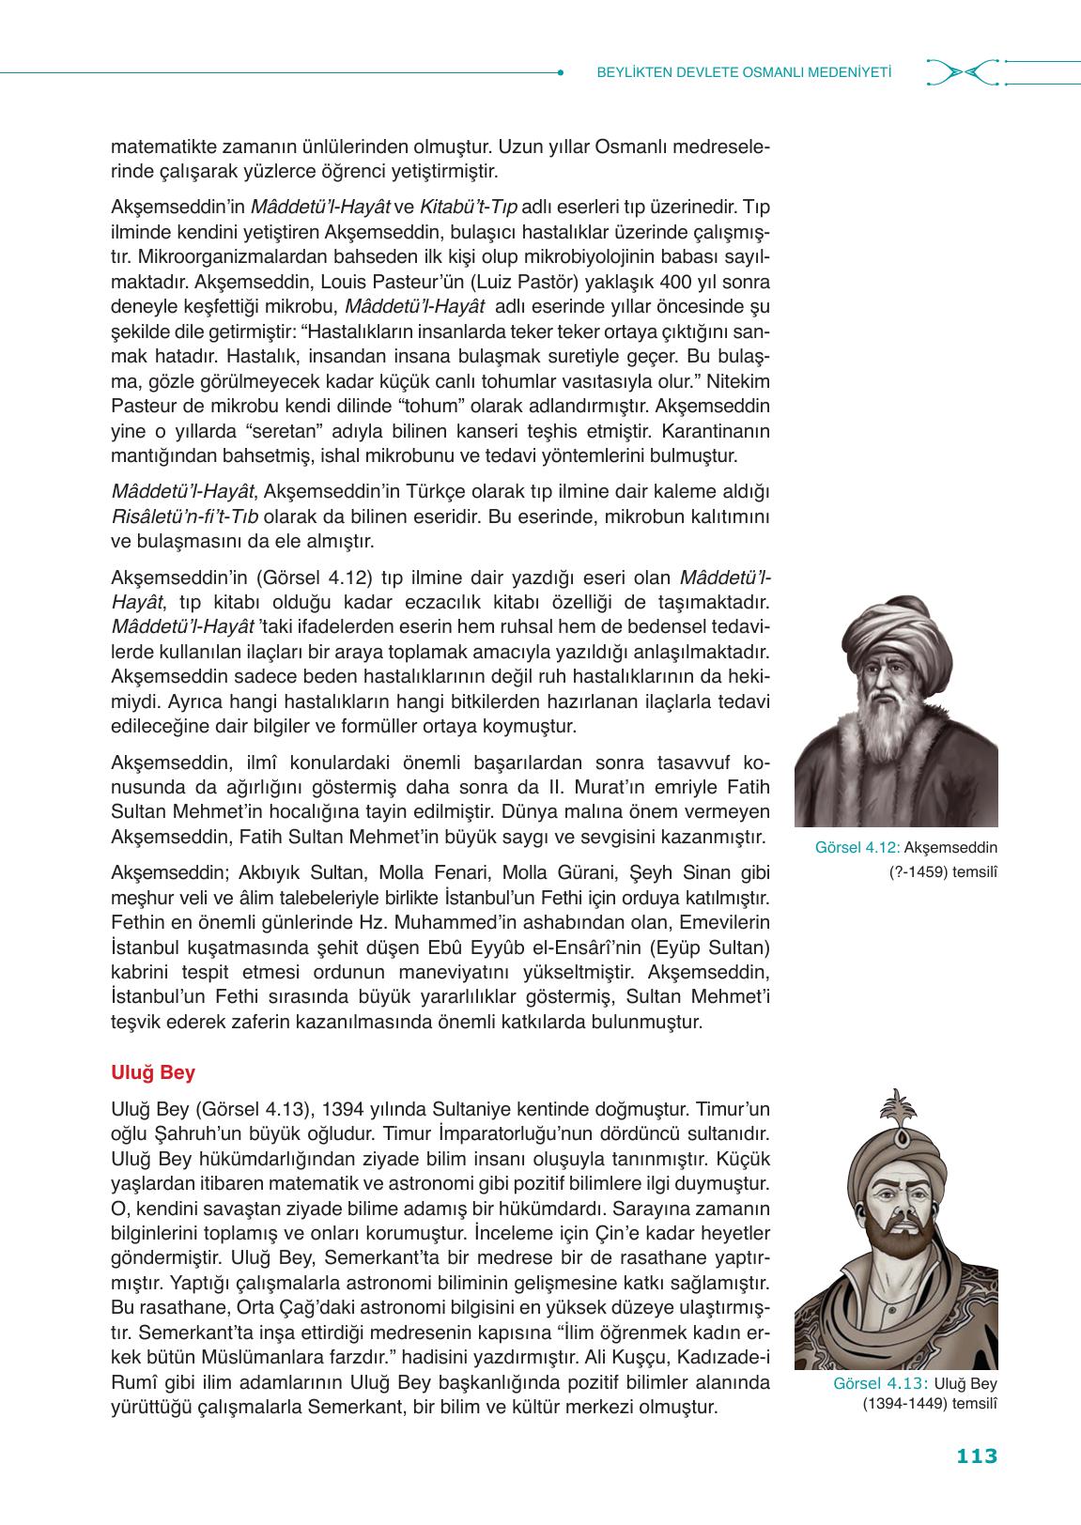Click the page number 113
pos(976,1456)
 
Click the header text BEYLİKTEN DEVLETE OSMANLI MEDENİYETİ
pos(744,72)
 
